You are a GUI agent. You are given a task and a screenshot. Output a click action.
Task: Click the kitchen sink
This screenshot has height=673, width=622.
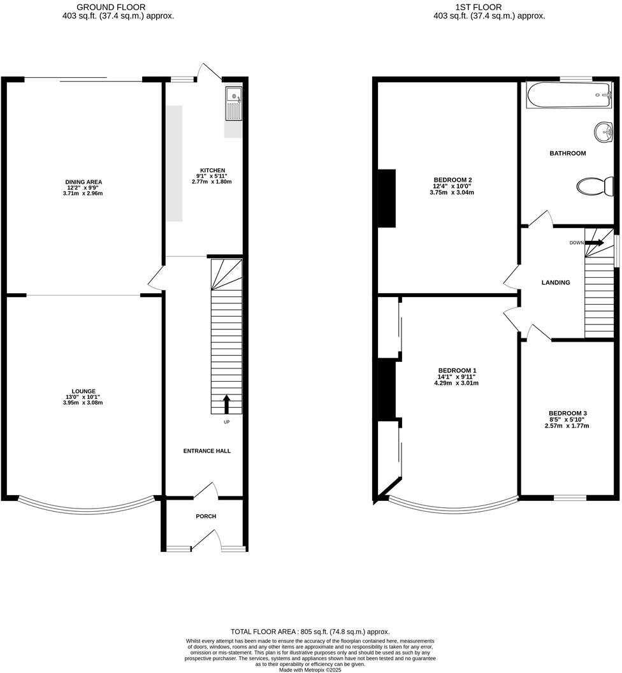(234, 104)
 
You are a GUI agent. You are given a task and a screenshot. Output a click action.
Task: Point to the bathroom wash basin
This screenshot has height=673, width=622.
(603, 133)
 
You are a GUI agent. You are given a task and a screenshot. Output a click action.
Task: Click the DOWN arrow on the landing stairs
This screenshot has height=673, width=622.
(594, 243)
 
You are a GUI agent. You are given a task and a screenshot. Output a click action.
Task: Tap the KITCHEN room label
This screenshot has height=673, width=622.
(211, 170)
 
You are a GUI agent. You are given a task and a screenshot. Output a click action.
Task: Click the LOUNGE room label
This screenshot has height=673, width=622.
(83, 391)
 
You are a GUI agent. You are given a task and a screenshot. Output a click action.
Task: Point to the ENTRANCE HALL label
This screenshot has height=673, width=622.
(207, 451)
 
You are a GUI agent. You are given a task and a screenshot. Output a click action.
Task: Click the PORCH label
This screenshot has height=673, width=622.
(206, 516)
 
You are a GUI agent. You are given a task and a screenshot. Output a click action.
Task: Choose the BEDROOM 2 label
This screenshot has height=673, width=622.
(452, 180)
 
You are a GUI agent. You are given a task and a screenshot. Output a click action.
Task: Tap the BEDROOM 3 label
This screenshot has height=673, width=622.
(568, 413)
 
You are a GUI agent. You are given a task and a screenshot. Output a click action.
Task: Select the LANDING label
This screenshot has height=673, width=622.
(556, 282)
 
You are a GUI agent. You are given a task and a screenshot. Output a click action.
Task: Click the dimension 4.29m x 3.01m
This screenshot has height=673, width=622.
(457, 383)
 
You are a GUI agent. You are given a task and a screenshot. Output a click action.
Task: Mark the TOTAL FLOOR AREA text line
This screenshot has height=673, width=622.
(310, 632)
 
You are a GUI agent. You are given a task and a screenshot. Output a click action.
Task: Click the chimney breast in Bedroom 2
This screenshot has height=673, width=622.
(387, 198)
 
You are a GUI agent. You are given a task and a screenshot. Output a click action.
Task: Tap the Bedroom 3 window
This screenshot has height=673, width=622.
(569, 497)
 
